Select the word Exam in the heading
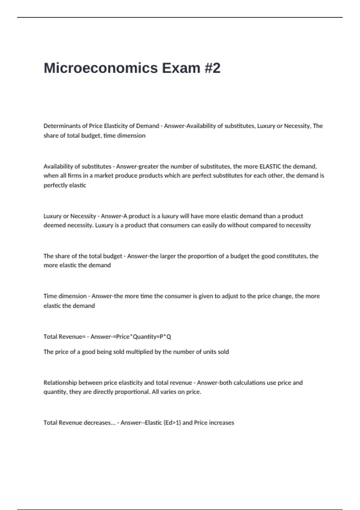(x=181, y=68)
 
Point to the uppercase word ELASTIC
(x=270, y=166)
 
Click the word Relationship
(x=60, y=383)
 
